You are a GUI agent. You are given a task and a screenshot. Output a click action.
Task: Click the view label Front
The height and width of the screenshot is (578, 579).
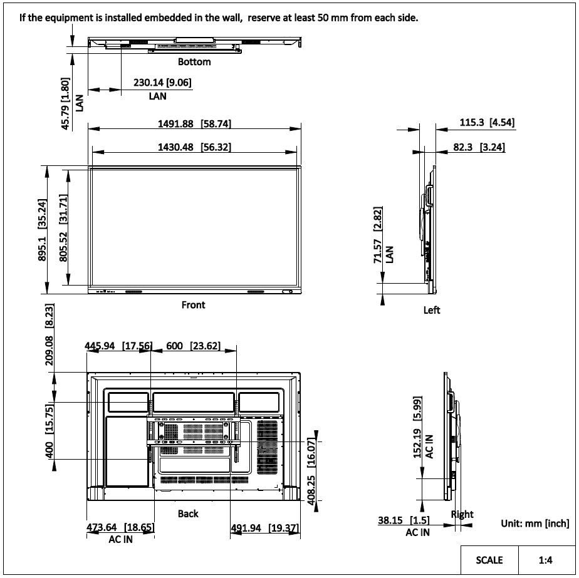pyautogui.click(x=193, y=305)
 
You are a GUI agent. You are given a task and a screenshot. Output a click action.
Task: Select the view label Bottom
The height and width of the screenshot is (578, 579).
pyautogui.click(x=194, y=62)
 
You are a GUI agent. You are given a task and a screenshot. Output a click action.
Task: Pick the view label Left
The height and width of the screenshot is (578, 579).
pyautogui.click(x=432, y=310)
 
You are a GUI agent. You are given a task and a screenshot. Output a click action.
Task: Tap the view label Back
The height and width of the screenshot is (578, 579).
pyautogui.click(x=188, y=513)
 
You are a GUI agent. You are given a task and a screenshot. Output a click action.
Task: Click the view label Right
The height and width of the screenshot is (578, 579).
pyautogui.click(x=462, y=514)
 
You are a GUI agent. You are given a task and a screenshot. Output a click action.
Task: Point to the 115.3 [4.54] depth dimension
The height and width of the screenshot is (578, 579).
pyautogui.click(x=487, y=123)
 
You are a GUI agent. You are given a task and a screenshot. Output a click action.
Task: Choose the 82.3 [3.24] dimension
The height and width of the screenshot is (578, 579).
pyautogui.click(x=478, y=148)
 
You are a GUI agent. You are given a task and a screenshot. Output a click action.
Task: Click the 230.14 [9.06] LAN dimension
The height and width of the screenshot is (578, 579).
pyautogui.click(x=162, y=83)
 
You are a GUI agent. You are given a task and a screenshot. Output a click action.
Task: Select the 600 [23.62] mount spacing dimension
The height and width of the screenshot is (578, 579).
pyautogui.click(x=192, y=346)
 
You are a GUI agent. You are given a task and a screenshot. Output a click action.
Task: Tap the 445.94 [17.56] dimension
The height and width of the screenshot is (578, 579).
pyautogui.click(x=118, y=346)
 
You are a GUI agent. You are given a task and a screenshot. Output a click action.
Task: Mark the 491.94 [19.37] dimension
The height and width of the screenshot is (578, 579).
pyautogui.click(x=265, y=528)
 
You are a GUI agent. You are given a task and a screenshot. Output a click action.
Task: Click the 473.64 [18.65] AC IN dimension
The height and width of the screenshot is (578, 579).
pyautogui.click(x=120, y=528)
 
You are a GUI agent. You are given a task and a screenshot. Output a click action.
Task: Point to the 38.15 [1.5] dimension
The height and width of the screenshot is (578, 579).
pyautogui.click(x=403, y=520)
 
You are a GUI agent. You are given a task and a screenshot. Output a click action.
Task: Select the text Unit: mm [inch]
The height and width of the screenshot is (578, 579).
pyautogui.click(x=535, y=523)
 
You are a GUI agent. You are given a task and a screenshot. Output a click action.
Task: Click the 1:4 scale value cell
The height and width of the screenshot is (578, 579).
pyautogui.click(x=545, y=560)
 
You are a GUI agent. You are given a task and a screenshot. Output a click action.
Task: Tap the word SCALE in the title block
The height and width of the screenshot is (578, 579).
pyautogui.click(x=489, y=560)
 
